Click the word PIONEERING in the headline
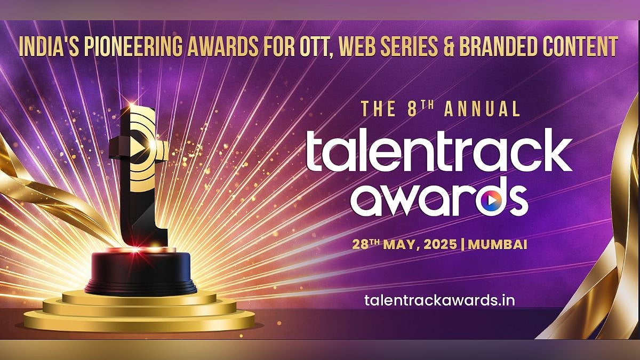coord(133,46)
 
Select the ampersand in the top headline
coord(448,46)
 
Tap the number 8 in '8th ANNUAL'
coord(412,109)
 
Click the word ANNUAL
coord(482,109)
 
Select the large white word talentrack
coord(439,151)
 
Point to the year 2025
coord(441,245)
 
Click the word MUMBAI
coord(498,245)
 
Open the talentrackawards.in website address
coord(439,300)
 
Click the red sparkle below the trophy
coord(134,251)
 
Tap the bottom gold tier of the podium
coord(139,321)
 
